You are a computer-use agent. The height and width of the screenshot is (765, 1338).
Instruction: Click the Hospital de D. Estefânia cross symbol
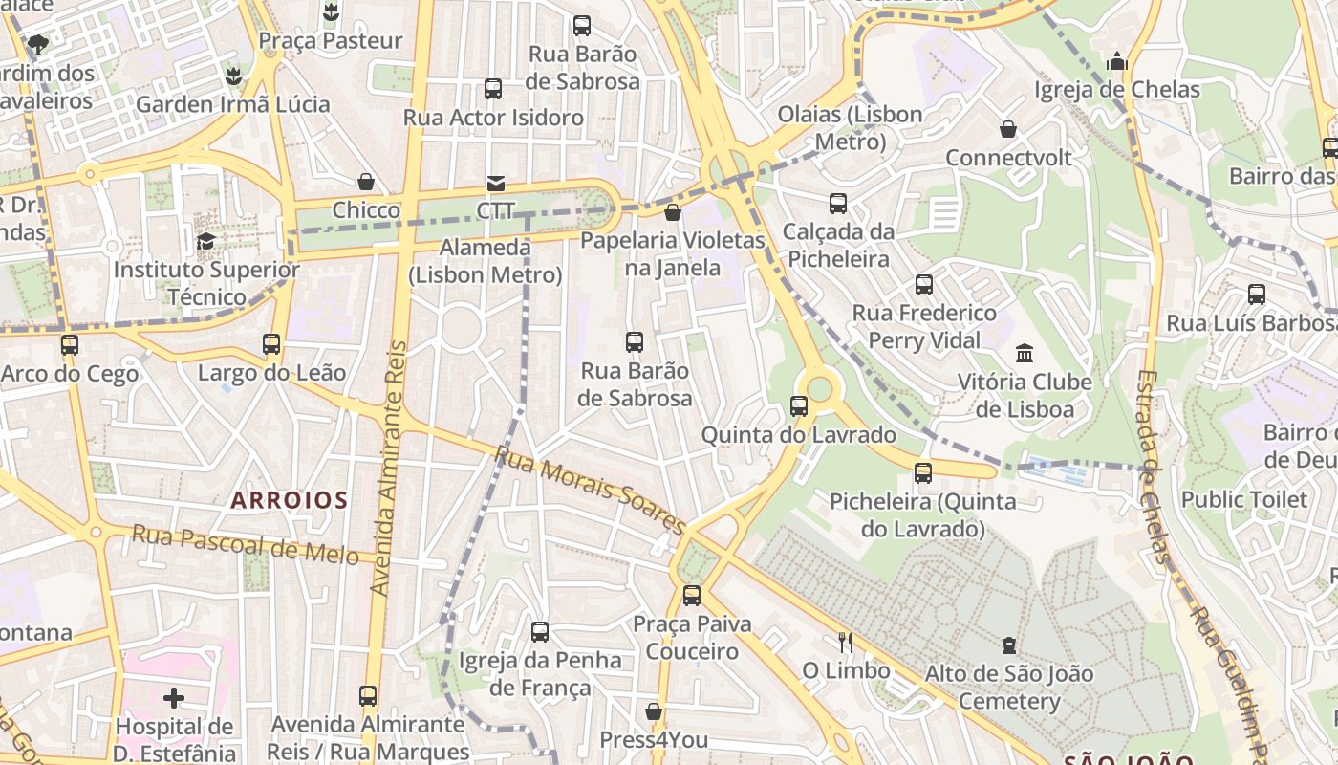tap(174, 698)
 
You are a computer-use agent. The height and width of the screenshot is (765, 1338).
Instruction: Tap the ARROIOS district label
tap(289, 499)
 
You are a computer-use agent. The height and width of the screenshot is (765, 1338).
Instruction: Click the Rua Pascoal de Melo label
tap(245, 545)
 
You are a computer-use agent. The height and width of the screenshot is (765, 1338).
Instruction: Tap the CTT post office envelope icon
tap(496, 184)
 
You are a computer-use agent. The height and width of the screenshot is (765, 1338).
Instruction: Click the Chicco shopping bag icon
tap(366, 182)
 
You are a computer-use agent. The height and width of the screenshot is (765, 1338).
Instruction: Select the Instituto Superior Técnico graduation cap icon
tap(205, 241)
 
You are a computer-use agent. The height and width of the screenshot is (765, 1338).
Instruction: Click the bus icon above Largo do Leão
tap(271, 344)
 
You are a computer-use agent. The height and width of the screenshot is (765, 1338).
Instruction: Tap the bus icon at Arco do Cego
tap(70, 345)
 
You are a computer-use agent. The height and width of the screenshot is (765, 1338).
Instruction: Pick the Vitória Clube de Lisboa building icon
tap(1025, 353)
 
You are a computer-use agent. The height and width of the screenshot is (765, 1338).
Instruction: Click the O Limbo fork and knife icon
tap(846, 642)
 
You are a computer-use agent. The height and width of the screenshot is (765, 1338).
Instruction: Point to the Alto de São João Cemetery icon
tap(1009, 645)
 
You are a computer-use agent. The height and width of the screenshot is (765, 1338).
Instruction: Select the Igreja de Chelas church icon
tap(1117, 61)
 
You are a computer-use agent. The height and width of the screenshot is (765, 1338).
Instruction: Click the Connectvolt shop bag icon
tap(1008, 128)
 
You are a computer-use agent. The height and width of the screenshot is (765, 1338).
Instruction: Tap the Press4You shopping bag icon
tap(654, 711)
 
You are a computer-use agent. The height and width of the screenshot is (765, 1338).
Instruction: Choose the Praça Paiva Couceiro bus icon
tap(692, 596)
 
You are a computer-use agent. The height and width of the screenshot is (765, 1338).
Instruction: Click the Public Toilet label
tap(1243, 499)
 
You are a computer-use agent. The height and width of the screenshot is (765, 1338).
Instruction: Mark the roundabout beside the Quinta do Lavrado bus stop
tap(820, 389)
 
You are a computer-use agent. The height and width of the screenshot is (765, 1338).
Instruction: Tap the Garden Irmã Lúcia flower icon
tap(232, 76)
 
